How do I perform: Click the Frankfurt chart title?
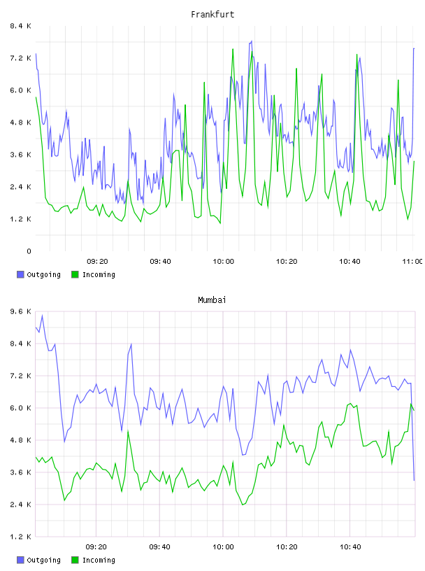(x=212, y=15)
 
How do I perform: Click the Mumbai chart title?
(x=212, y=300)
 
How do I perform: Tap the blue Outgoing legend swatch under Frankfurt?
(x=20, y=274)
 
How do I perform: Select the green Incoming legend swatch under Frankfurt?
(x=75, y=274)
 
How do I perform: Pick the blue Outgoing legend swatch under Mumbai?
(x=20, y=560)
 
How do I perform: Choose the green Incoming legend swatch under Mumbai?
(x=75, y=560)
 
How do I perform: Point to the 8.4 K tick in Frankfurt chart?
(x=20, y=26)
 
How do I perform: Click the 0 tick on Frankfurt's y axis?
(x=29, y=251)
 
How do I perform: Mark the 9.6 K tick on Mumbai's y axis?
(x=20, y=311)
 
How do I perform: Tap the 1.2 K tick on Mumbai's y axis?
(x=20, y=537)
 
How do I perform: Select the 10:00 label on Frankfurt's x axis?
(x=224, y=262)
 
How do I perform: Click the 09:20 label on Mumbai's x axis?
(x=96, y=547)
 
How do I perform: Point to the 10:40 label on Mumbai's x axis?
(x=350, y=547)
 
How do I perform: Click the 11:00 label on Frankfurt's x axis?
(x=412, y=262)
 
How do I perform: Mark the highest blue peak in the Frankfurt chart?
(x=252, y=41)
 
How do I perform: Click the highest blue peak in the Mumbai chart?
(x=42, y=316)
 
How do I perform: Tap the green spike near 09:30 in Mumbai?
(x=128, y=432)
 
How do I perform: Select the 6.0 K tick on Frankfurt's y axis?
(x=20, y=90)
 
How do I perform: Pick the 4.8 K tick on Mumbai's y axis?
(x=20, y=440)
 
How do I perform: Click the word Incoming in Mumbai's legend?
(x=99, y=561)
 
